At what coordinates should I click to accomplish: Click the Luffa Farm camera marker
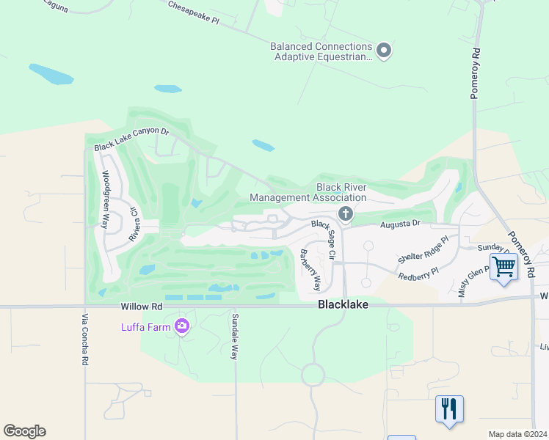[x=181, y=327]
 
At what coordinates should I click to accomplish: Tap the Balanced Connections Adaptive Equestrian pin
[x=383, y=51]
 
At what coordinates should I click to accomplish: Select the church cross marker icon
[x=345, y=214]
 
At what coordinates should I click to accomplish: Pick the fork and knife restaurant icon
[x=449, y=408]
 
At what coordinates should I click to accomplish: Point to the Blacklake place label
[x=343, y=304]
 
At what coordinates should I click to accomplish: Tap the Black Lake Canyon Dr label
[x=131, y=141]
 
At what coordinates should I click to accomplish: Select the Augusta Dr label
[x=400, y=223]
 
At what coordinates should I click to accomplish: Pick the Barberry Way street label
[x=311, y=270]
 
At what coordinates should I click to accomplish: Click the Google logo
[x=24, y=431]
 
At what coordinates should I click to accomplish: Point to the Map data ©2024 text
[x=517, y=434]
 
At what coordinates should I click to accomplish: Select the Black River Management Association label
[x=308, y=192]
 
